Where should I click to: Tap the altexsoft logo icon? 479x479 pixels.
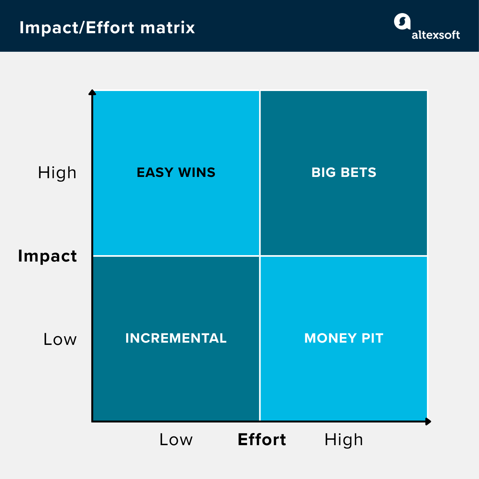pos(402,22)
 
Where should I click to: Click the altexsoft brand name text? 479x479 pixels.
pos(436,35)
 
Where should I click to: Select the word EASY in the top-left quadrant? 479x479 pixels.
pos(155,172)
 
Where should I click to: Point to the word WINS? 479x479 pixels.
pos(197,172)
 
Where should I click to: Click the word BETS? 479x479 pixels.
pos(358,172)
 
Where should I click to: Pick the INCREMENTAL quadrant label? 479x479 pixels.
pos(176,338)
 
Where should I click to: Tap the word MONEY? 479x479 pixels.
pos(331,338)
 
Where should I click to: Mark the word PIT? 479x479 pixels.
pos(372,338)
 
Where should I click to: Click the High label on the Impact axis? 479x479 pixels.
pos(57,173)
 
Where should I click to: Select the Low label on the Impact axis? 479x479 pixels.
pos(60,339)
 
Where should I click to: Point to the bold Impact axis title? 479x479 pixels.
pos(47,256)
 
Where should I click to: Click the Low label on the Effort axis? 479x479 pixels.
pos(176,440)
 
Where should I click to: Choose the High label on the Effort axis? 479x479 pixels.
pos(344,440)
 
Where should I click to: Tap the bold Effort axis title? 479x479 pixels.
pos(262,440)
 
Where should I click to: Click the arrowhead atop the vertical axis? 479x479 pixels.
pos(92,92)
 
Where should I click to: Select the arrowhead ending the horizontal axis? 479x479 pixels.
pos(428,422)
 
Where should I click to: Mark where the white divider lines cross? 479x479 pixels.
pos(260,256)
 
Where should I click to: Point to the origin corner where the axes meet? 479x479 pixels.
pos(92,422)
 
